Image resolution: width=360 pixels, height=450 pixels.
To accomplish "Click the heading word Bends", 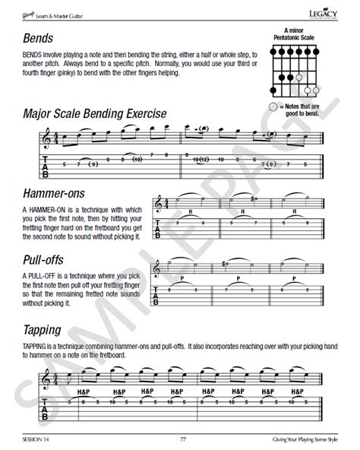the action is tap(36, 38).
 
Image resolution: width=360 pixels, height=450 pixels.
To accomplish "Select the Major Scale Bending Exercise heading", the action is tap(95, 115).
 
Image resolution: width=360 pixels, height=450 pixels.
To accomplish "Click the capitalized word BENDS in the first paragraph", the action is tap(33, 55).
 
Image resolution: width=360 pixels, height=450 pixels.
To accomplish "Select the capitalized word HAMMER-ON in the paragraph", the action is tap(45, 208).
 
